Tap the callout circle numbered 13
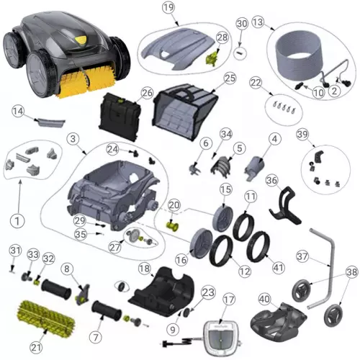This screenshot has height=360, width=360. [x=277, y=22]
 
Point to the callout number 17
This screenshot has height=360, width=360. [x=229, y=299]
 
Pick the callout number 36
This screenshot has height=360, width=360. [x=271, y=180]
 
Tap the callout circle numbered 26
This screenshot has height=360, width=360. [x=147, y=93]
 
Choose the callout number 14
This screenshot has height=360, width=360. [x=19, y=111]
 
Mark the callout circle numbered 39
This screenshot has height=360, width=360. [x=302, y=135]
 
